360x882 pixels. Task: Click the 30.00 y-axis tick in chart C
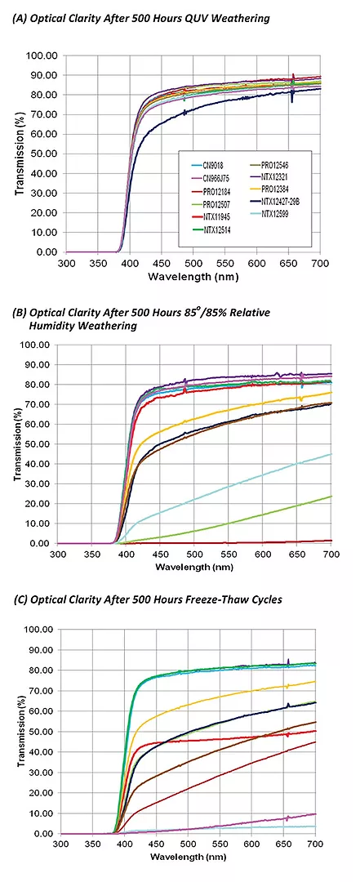click(38, 773)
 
